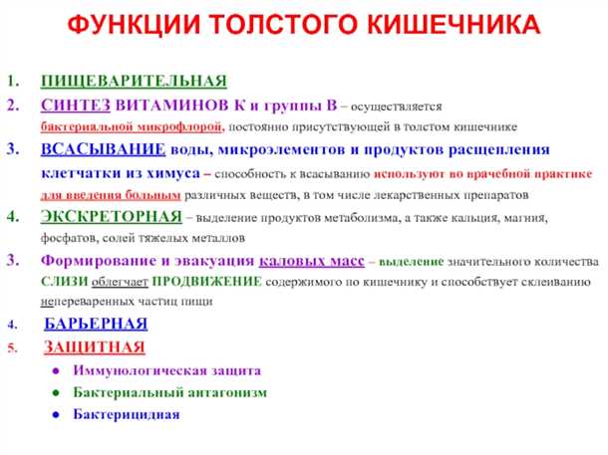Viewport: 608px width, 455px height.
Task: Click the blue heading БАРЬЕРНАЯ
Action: coord(97,324)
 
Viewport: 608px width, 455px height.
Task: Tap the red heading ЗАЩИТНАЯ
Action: coord(95,347)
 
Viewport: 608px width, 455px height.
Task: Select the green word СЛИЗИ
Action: coord(61,282)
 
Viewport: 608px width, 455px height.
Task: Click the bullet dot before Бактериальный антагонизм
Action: coord(59,392)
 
